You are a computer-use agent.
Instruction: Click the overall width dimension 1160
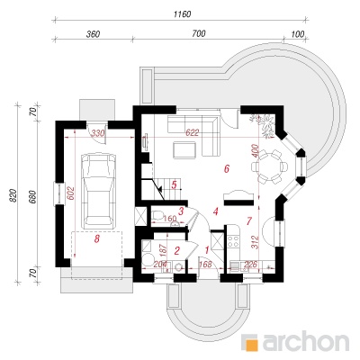coord(182,13)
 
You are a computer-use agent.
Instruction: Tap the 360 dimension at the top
coord(93,34)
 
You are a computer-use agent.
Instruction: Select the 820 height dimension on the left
coord(13,195)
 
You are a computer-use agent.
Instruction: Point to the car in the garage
coord(100,191)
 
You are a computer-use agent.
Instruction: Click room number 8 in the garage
coord(96,239)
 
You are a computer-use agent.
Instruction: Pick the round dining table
coord(269,166)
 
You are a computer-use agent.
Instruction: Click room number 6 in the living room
coord(227,168)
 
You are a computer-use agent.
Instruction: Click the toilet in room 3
coord(157,215)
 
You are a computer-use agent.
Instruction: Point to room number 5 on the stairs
coord(174,184)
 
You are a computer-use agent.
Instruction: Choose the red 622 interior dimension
coord(192,132)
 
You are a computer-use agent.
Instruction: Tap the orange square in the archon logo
coord(249,343)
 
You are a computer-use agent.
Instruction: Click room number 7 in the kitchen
coord(248,221)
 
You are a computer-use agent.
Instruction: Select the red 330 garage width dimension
coord(98,133)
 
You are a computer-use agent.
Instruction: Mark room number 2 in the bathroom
coord(177,250)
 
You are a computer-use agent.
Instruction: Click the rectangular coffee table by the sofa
coord(184,150)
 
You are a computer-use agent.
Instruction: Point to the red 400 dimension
coord(255,151)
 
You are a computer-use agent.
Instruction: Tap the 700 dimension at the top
coord(199,33)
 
